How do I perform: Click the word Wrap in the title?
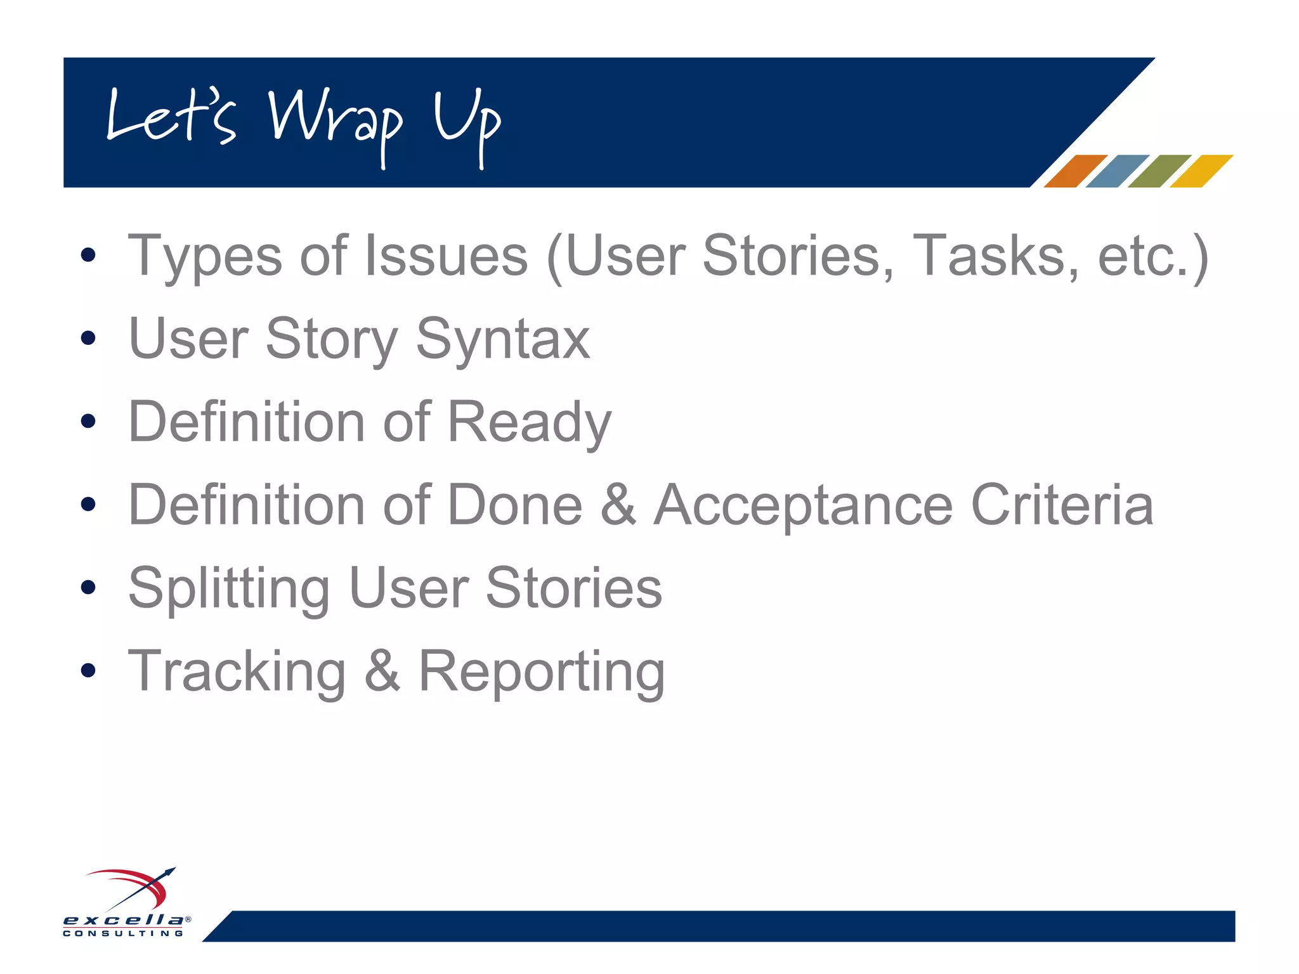click(x=335, y=120)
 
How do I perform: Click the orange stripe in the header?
click(x=1074, y=171)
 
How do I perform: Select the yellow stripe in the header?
click(x=1201, y=171)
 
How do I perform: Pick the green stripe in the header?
click(x=1159, y=171)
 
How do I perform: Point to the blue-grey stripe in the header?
click(x=1117, y=171)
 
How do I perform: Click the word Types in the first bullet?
click(x=205, y=257)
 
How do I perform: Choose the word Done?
click(x=514, y=505)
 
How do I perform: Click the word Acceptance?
click(x=803, y=506)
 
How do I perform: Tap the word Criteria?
click(x=1062, y=505)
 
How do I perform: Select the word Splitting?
click(x=229, y=589)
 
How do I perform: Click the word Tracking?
click(x=237, y=672)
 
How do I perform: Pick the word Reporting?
click(x=542, y=672)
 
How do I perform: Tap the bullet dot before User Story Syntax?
click(x=88, y=338)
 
